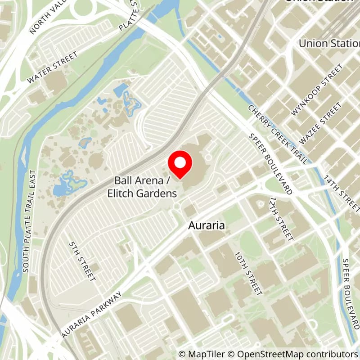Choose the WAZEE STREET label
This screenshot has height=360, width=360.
click(320, 123)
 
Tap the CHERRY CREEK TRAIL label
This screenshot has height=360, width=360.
click(278, 134)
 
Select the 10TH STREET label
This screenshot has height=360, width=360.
click(248, 273)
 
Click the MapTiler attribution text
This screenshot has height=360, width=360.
click(199, 354)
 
